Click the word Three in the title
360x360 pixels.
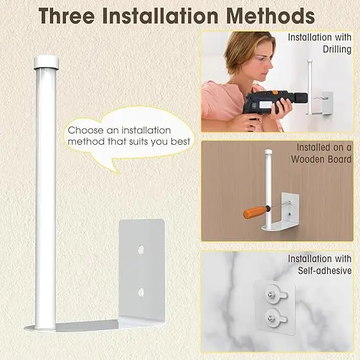(66, 16)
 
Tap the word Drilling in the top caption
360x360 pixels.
(337, 49)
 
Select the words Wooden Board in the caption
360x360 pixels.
(321, 159)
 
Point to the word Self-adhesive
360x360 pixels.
(325, 271)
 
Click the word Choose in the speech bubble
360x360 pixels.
(85, 130)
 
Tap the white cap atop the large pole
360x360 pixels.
(46, 62)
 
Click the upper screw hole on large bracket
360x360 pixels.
(141, 249)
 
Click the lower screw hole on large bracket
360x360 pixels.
(141, 292)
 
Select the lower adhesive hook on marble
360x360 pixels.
(275, 318)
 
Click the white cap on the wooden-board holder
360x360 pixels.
(268, 152)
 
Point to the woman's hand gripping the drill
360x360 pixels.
(283, 106)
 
